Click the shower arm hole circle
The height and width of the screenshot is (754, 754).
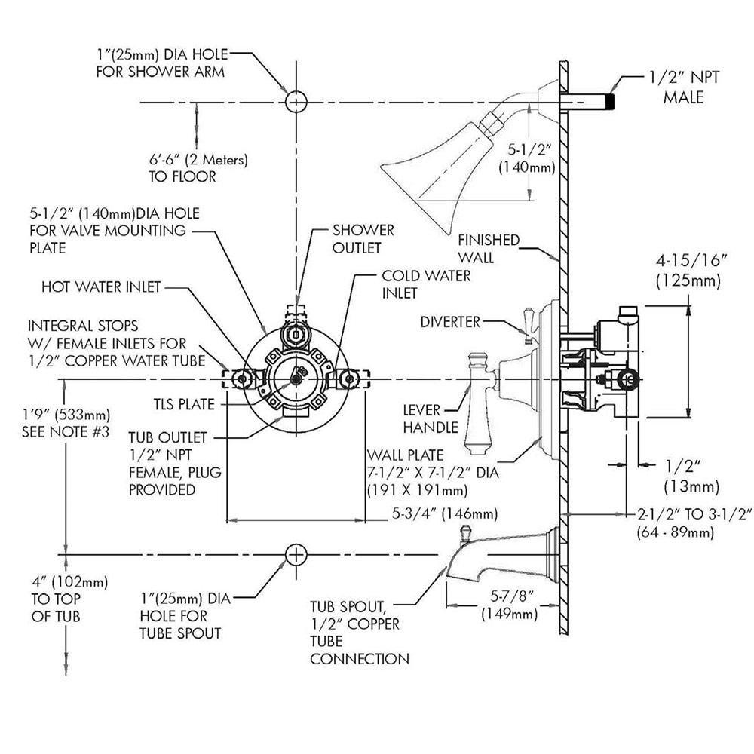click(x=296, y=102)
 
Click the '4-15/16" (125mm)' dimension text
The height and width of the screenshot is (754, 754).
click(x=691, y=271)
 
